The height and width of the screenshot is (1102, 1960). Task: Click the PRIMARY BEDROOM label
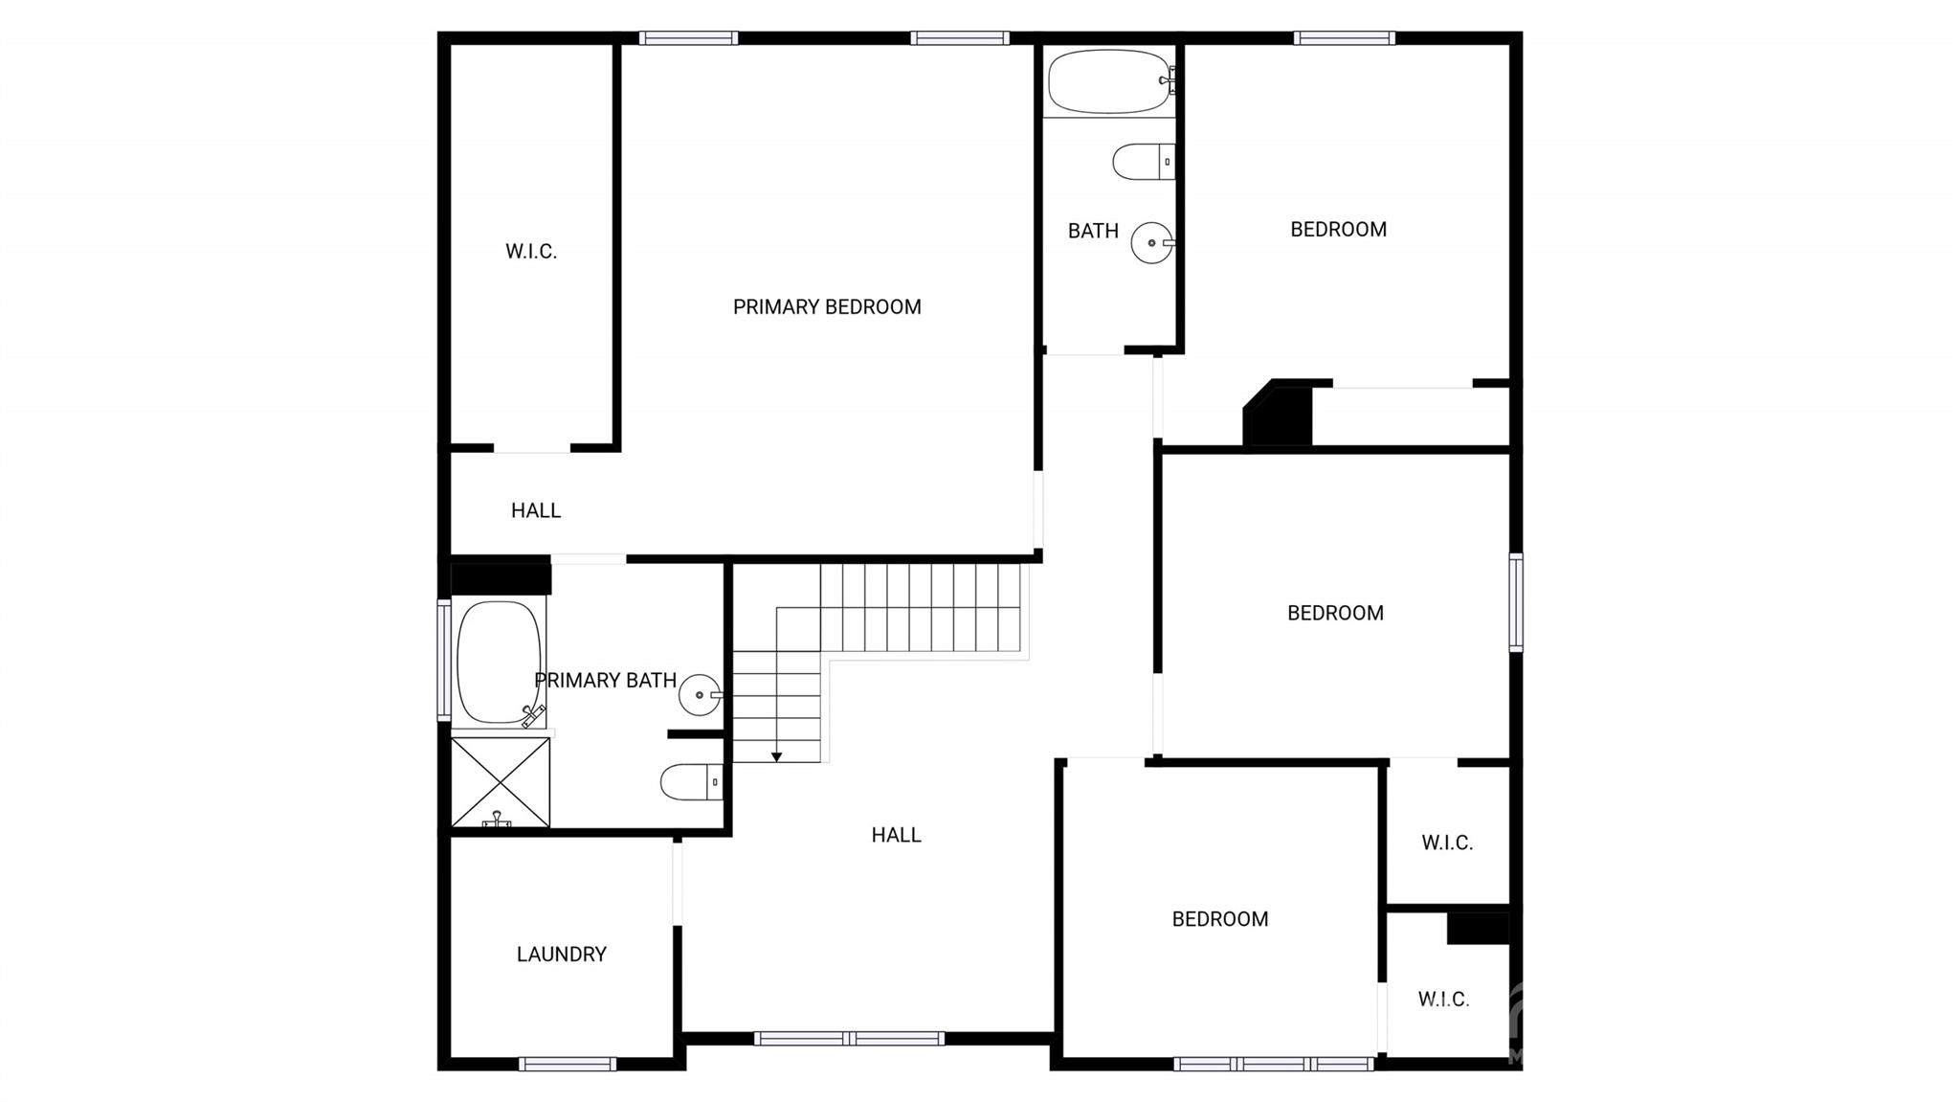click(827, 307)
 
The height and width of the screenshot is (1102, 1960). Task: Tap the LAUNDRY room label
click(562, 955)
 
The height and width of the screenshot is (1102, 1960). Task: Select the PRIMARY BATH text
click(605, 681)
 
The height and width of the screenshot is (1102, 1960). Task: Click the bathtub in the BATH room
click(1108, 81)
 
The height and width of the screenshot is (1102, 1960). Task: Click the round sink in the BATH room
click(1151, 243)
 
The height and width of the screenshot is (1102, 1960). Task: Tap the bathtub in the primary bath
click(499, 662)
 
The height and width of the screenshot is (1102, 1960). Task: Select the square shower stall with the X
click(501, 781)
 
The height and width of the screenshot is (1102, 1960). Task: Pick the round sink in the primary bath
click(700, 695)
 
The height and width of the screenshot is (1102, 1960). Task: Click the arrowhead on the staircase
click(777, 757)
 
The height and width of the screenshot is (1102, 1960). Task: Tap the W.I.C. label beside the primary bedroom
click(531, 252)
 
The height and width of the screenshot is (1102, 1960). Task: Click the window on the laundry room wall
click(568, 1064)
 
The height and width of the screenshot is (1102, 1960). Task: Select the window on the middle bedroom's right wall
click(1516, 602)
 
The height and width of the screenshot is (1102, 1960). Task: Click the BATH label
click(1093, 232)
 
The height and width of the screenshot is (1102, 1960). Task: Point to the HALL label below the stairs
click(896, 835)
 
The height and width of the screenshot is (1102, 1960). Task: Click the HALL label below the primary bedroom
click(536, 511)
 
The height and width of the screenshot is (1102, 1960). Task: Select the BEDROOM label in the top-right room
click(1338, 230)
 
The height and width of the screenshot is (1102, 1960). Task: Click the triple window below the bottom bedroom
click(1274, 1064)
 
